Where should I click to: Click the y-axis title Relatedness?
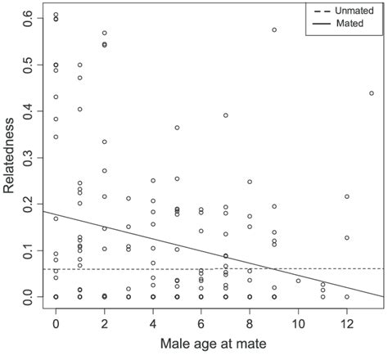tap(10, 155)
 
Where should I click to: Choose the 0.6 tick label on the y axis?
tap(27, 16)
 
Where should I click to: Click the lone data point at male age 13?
tap(371, 93)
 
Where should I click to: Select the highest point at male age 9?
tap(274, 29)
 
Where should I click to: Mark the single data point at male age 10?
tap(298, 281)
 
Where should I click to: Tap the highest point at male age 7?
tap(225, 115)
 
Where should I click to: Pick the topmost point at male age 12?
tap(347, 196)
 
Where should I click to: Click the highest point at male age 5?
tap(177, 128)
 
